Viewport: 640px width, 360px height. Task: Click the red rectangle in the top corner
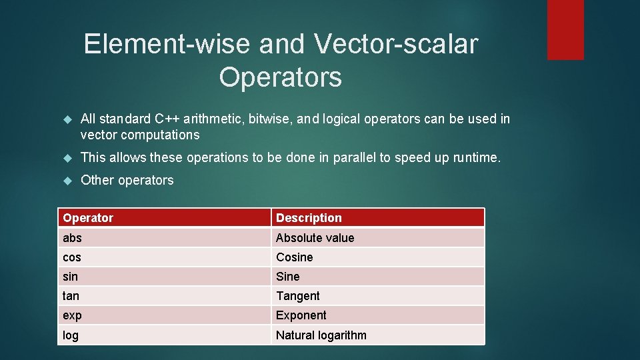(565, 29)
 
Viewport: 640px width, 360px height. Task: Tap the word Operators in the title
(280, 77)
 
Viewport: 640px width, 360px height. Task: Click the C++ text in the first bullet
(167, 119)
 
